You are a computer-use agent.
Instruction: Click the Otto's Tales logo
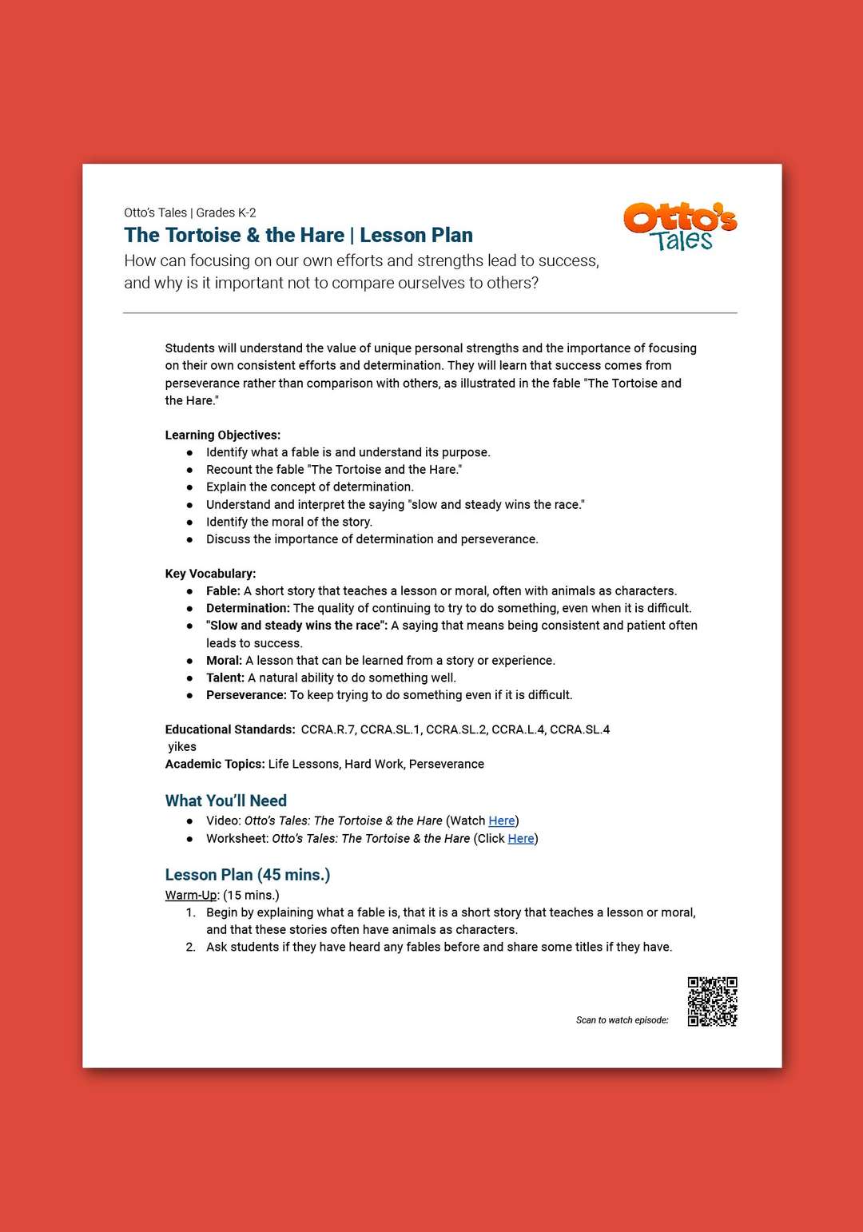pos(680,226)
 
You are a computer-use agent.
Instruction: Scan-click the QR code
pos(712,1001)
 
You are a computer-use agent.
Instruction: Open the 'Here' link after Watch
pos(502,821)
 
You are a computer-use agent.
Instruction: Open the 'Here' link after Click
pos(521,838)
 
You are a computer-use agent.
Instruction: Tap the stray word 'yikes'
pos(182,746)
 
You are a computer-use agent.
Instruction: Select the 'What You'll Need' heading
pos(226,801)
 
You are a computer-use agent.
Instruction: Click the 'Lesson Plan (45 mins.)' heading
pos(248,875)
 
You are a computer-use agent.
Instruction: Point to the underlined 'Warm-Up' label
pos(191,895)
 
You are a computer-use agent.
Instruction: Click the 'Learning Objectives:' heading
pos(223,435)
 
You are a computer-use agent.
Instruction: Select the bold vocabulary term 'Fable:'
pos(223,590)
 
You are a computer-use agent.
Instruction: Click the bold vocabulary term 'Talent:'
pos(225,678)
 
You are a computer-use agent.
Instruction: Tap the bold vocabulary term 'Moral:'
pos(224,660)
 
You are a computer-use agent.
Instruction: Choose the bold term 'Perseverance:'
pos(246,695)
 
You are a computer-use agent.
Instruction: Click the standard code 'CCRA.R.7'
pos(328,729)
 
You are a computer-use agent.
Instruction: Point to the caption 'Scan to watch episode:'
pos(622,1020)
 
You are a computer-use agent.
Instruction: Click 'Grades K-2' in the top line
pos(226,213)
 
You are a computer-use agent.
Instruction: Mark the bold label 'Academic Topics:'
pos(215,764)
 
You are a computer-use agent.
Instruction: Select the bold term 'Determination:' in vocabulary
pos(248,608)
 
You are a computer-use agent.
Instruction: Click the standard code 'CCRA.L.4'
pos(517,729)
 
